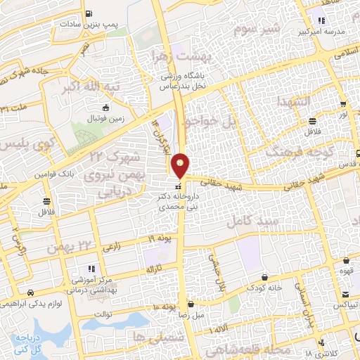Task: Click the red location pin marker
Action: [x=181, y=165]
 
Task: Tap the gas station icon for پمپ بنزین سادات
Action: [x=87, y=13]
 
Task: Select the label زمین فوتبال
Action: [x=105, y=119]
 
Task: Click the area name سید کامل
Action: [x=249, y=221]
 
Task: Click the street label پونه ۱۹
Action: [x=160, y=239]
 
